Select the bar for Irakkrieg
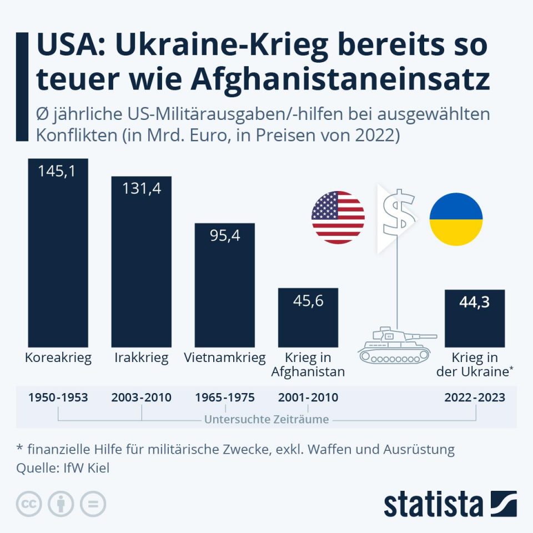[141, 266]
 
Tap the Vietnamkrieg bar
[224, 289]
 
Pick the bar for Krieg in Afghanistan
[308, 319]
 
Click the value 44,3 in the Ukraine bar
[474, 303]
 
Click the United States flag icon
[338, 218]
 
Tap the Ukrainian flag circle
[456, 219]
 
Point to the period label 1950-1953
[58, 398]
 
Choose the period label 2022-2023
[475, 398]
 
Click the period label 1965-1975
[225, 398]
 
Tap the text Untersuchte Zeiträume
[266, 419]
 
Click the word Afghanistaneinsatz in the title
[340, 80]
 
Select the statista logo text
[433, 505]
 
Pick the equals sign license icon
[93, 504]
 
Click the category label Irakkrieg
[141, 358]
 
